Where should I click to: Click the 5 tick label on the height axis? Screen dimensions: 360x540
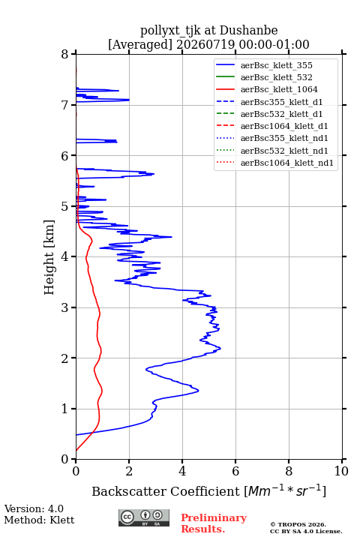click(x=64, y=206)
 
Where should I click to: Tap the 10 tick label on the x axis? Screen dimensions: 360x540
click(x=341, y=471)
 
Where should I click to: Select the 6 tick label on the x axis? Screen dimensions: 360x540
click(x=235, y=471)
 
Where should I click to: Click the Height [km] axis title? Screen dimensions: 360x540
click(x=49, y=257)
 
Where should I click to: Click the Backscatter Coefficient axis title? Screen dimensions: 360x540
click(x=208, y=490)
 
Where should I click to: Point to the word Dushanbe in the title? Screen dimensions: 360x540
click(x=248, y=31)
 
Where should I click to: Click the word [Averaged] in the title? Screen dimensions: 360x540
click(x=140, y=45)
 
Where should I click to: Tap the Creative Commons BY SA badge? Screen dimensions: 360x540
click(x=144, y=518)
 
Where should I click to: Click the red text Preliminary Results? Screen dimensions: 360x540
click(x=214, y=523)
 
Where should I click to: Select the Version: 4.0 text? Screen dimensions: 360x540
click(x=34, y=509)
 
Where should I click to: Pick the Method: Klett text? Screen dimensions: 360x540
click(x=39, y=520)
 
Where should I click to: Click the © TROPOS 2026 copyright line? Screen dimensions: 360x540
click(x=298, y=524)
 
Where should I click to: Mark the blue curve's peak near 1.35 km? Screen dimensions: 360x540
click(x=199, y=391)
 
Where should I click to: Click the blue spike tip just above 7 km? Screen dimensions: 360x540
click(x=129, y=100)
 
